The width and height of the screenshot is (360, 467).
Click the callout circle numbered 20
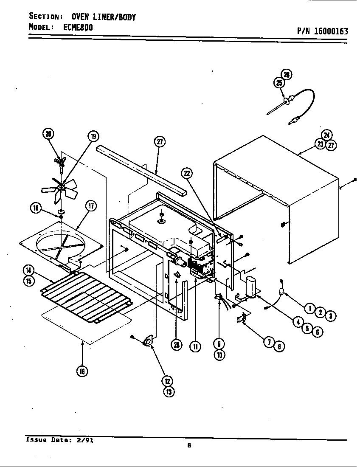[48, 134]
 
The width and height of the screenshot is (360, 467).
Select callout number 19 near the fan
[93, 136]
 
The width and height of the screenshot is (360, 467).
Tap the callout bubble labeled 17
[90, 206]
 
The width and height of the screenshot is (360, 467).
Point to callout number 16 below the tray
[82, 371]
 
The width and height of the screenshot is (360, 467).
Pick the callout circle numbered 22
[187, 172]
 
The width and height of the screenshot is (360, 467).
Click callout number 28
[176, 345]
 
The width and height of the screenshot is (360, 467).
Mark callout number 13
[169, 391]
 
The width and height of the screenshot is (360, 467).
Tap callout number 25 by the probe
[278, 83]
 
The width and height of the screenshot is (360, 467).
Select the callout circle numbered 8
[279, 346]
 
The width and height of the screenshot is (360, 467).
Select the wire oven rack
[87, 297]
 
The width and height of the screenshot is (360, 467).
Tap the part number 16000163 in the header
[322, 31]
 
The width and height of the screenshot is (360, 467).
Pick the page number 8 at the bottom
[188, 445]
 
